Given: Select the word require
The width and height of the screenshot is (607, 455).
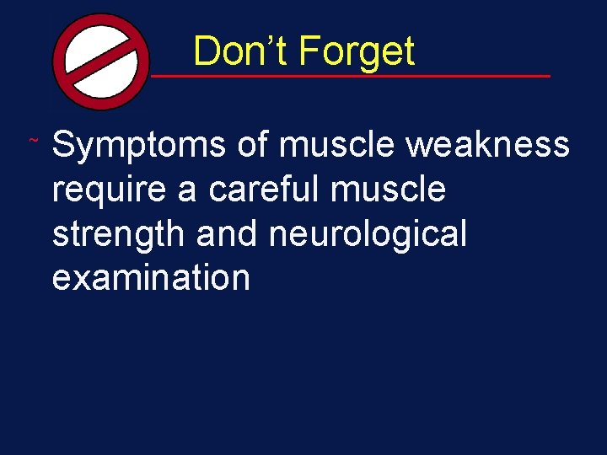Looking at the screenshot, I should tap(110, 190).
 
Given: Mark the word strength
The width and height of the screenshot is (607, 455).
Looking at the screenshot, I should tap(119, 233).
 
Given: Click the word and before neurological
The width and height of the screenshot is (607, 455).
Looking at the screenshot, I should tap(228, 233).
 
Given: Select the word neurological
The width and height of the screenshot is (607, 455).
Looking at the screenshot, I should tap(368, 233).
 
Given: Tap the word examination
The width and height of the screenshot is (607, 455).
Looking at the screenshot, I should tap(151, 276).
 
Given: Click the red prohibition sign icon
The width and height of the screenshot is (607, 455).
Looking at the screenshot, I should tap(100, 62).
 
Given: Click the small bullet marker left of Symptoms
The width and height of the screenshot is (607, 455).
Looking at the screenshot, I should tap(33, 138).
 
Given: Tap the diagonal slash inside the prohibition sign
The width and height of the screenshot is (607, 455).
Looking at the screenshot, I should tap(100, 62).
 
